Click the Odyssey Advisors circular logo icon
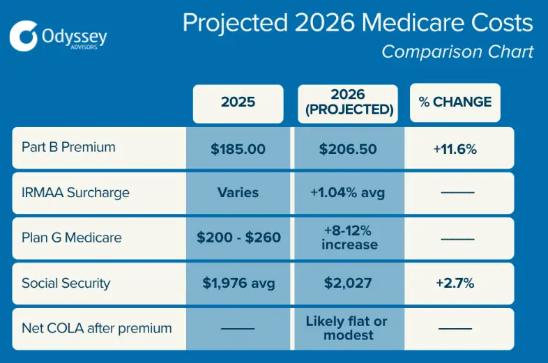pyautogui.click(x=24, y=36)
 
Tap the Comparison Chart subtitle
pyautogui.click(x=457, y=52)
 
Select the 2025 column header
pyautogui.click(x=238, y=102)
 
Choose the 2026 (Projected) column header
pyautogui.click(x=347, y=102)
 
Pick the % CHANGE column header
pyautogui.click(x=455, y=102)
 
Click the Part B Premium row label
pyautogui.click(x=68, y=148)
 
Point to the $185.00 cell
pyautogui.click(x=238, y=148)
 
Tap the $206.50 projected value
pyautogui.click(x=347, y=148)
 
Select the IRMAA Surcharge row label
pyautogui.click(x=75, y=192)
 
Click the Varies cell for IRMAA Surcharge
pyautogui.click(x=238, y=192)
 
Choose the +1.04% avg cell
pyautogui.click(x=347, y=192)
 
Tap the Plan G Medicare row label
pyautogui.click(x=71, y=238)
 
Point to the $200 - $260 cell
pyautogui.click(x=238, y=238)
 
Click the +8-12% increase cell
pyautogui.click(x=347, y=238)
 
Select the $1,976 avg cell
pyautogui.click(x=238, y=283)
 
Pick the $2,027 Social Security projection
pyautogui.click(x=347, y=283)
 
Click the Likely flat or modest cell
pyautogui.click(x=347, y=328)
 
